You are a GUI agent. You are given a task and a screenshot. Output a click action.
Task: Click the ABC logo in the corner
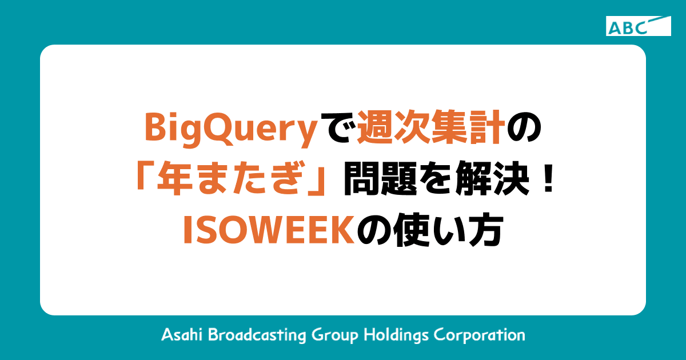tap(638, 26)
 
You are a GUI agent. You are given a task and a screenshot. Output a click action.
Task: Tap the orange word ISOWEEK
tap(269, 234)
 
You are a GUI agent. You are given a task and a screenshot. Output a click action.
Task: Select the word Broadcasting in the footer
tap(254, 334)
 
